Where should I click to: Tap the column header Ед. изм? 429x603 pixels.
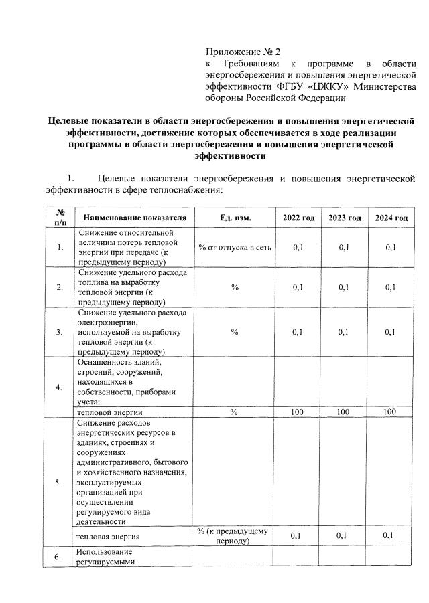pyautogui.click(x=235, y=218)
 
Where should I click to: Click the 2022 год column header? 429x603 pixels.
pyautogui.click(x=298, y=218)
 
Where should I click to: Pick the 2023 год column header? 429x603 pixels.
pyautogui.click(x=345, y=218)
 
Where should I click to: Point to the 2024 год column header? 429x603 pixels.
pyautogui.click(x=391, y=218)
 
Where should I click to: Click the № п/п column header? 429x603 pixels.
pyautogui.click(x=60, y=218)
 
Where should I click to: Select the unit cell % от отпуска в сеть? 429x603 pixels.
pyautogui.click(x=235, y=248)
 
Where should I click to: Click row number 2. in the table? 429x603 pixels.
pyautogui.click(x=60, y=288)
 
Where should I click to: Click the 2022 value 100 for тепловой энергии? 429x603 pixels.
pyautogui.click(x=298, y=412)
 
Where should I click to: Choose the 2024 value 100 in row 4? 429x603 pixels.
pyautogui.click(x=390, y=412)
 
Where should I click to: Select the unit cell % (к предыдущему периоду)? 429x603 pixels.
pyautogui.click(x=233, y=536)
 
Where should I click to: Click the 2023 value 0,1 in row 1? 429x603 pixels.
pyautogui.click(x=345, y=248)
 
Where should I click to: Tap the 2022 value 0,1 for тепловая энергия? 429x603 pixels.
pyautogui.click(x=298, y=536)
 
